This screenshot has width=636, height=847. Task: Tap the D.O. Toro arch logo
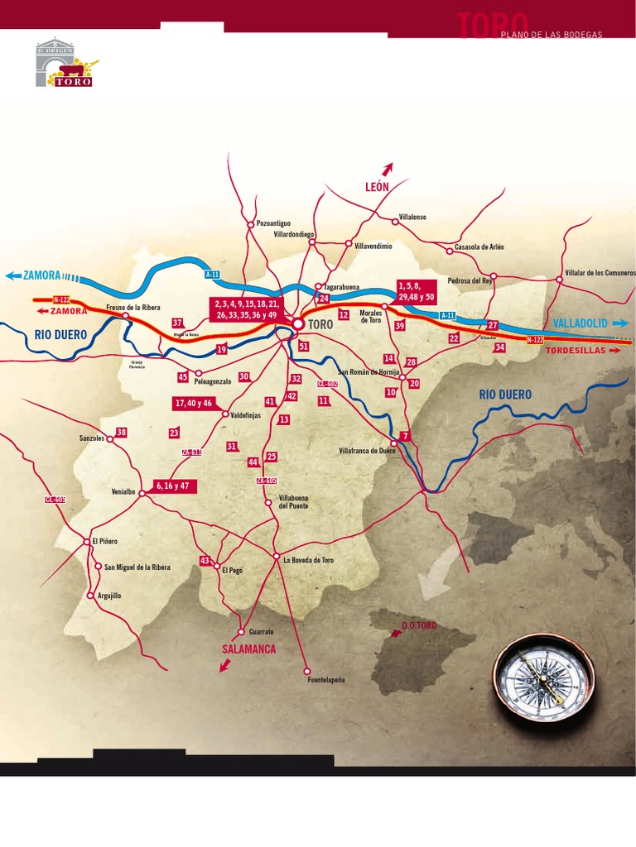pos(65,63)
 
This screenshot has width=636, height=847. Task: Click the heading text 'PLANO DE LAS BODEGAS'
pos(551,35)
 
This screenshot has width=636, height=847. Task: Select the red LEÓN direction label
pos(376,187)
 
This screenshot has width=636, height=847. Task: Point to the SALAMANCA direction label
pos(248,650)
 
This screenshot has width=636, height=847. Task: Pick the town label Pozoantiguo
pos(273,223)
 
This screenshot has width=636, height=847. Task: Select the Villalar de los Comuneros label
pos(600,272)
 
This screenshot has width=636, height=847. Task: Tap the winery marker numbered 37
pos(177,323)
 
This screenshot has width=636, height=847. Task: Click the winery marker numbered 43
pos(205,561)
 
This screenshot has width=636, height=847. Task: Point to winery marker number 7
pos(405,436)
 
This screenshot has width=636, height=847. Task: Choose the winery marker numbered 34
pos(499,347)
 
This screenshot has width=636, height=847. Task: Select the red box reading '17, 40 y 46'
pos(194,403)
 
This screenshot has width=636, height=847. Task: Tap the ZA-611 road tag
pos(191,452)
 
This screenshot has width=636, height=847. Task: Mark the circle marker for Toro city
pos(297,324)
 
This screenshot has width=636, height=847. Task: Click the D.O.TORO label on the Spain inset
pos(418,625)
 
